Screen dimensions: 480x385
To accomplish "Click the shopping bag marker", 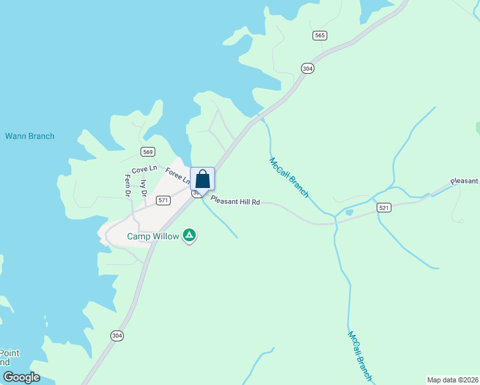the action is (x=202, y=179).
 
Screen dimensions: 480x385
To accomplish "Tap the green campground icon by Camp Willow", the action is (x=189, y=235).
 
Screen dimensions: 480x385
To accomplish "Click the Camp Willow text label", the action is (x=153, y=236).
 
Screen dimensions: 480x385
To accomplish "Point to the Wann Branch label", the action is (x=30, y=136).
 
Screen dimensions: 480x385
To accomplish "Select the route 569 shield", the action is (x=148, y=151).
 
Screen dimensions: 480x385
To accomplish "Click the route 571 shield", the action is (x=163, y=200).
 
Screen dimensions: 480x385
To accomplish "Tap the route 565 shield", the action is (x=320, y=35).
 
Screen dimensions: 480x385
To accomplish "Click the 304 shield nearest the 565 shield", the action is (x=308, y=68).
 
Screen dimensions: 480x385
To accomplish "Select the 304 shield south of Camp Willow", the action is (x=117, y=336).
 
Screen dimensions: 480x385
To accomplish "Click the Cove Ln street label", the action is (x=144, y=169).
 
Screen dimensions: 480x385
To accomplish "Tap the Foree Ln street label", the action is (x=177, y=175).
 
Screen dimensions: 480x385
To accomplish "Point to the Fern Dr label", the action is (x=128, y=185).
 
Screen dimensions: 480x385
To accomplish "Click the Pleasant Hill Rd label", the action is (x=235, y=202).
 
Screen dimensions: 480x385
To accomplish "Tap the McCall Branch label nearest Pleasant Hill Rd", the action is (x=289, y=178).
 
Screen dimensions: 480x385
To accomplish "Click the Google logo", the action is (x=22, y=377).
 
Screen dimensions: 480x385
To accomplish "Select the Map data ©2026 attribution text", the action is (x=452, y=380).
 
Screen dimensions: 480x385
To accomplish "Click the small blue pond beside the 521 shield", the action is (x=348, y=212).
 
